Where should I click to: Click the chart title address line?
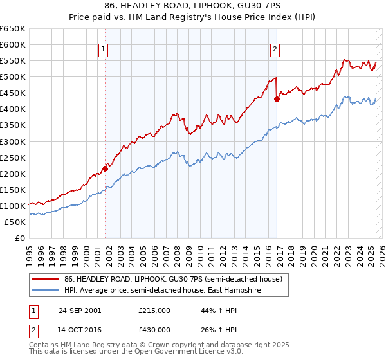tap(193, 6)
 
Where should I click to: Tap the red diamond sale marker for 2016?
tap(277, 99)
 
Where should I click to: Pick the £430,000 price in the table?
tap(154, 330)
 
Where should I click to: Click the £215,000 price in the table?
tap(154, 310)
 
